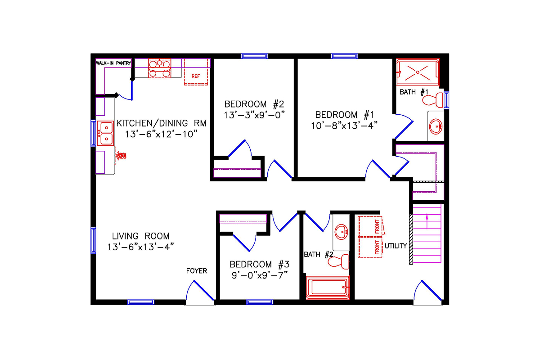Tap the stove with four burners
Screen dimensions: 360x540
[x=160, y=69]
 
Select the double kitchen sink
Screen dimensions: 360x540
[x=106, y=133]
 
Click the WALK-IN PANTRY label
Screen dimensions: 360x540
[x=113, y=63]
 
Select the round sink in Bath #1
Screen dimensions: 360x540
[x=435, y=126]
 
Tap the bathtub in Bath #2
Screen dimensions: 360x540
[x=328, y=288]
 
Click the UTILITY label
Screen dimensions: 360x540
[x=396, y=246]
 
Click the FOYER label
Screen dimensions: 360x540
[x=197, y=271]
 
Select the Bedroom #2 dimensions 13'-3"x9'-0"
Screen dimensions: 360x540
[x=255, y=114]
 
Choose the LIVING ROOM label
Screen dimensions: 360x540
[x=141, y=236]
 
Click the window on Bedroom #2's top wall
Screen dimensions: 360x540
[x=255, y=56]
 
